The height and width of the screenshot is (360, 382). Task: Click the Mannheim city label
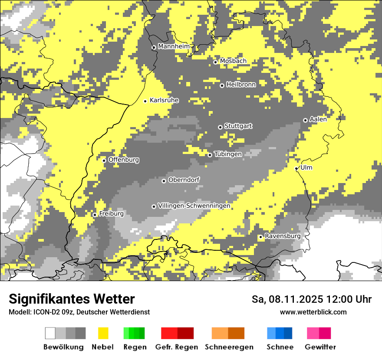174,46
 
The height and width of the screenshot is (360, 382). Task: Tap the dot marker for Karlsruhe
145,101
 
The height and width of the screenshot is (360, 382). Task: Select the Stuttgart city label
238,126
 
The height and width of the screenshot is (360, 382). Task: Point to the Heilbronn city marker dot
222,85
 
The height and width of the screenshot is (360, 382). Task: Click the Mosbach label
233,61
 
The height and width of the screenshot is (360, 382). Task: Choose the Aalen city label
318,119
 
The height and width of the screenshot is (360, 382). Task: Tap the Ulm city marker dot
296,168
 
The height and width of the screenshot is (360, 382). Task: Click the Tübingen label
228,154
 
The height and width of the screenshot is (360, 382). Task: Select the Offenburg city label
124,160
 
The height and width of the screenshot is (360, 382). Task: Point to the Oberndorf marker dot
164,181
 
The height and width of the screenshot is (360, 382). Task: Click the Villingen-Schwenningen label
194,206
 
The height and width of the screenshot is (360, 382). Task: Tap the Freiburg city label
112,214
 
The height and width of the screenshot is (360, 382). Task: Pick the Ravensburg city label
283,236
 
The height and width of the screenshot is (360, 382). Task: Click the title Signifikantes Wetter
72,299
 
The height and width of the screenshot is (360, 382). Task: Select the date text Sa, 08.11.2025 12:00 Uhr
312,299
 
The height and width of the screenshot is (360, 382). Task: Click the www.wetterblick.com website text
313,312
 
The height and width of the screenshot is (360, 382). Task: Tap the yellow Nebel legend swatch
103,333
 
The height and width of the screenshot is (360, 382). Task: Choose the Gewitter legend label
320,347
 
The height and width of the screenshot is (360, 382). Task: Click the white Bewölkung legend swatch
50,333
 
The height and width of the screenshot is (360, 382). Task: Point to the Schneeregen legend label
229,347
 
